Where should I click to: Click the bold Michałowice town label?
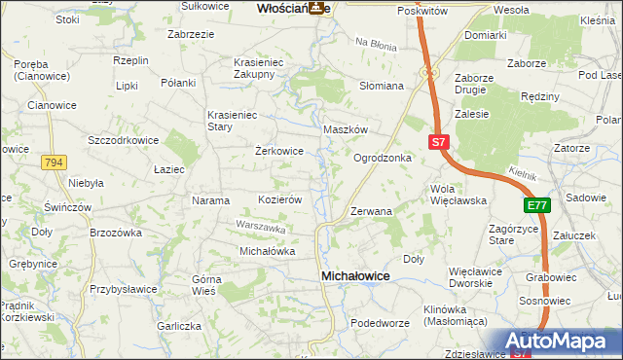(x=355, y=277)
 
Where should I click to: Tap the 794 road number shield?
(x=54, y=163)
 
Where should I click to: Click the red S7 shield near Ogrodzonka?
(x=438, y=142)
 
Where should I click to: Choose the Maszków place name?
(x=345, y=129)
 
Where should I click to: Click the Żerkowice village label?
(x=279, y=152)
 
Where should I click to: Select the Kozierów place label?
(x=280, y=198)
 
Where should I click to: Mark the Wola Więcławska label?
(x=458, y=195)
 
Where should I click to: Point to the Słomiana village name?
(x=382, y=86)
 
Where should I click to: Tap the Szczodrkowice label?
(x=123, y=140)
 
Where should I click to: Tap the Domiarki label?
(x=485, y=35)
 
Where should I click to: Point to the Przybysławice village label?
(x=124, y=289)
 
